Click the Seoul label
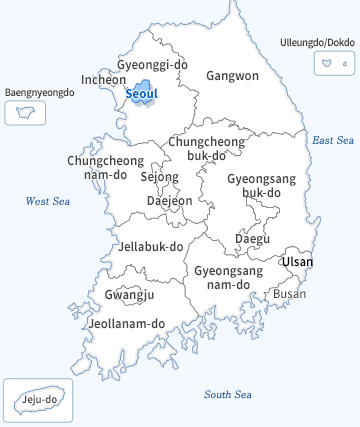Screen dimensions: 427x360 coord(142,94)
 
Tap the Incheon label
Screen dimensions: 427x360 coord(104,79)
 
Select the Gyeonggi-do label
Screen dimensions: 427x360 coord(152,65)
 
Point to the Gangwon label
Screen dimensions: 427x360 coord(232,75)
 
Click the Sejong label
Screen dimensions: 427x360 coord(159,177)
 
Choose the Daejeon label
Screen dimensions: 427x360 coord(169,200)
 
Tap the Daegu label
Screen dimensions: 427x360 coord(252,238)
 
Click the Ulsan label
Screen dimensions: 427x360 coord(297,262)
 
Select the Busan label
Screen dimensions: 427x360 coord(290,294)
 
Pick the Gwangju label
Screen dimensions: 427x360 coord(129,295)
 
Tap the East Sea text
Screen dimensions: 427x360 coord(333,140)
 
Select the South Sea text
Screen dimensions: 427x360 coord(227,394)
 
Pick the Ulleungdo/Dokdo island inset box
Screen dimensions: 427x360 coord(328,63)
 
